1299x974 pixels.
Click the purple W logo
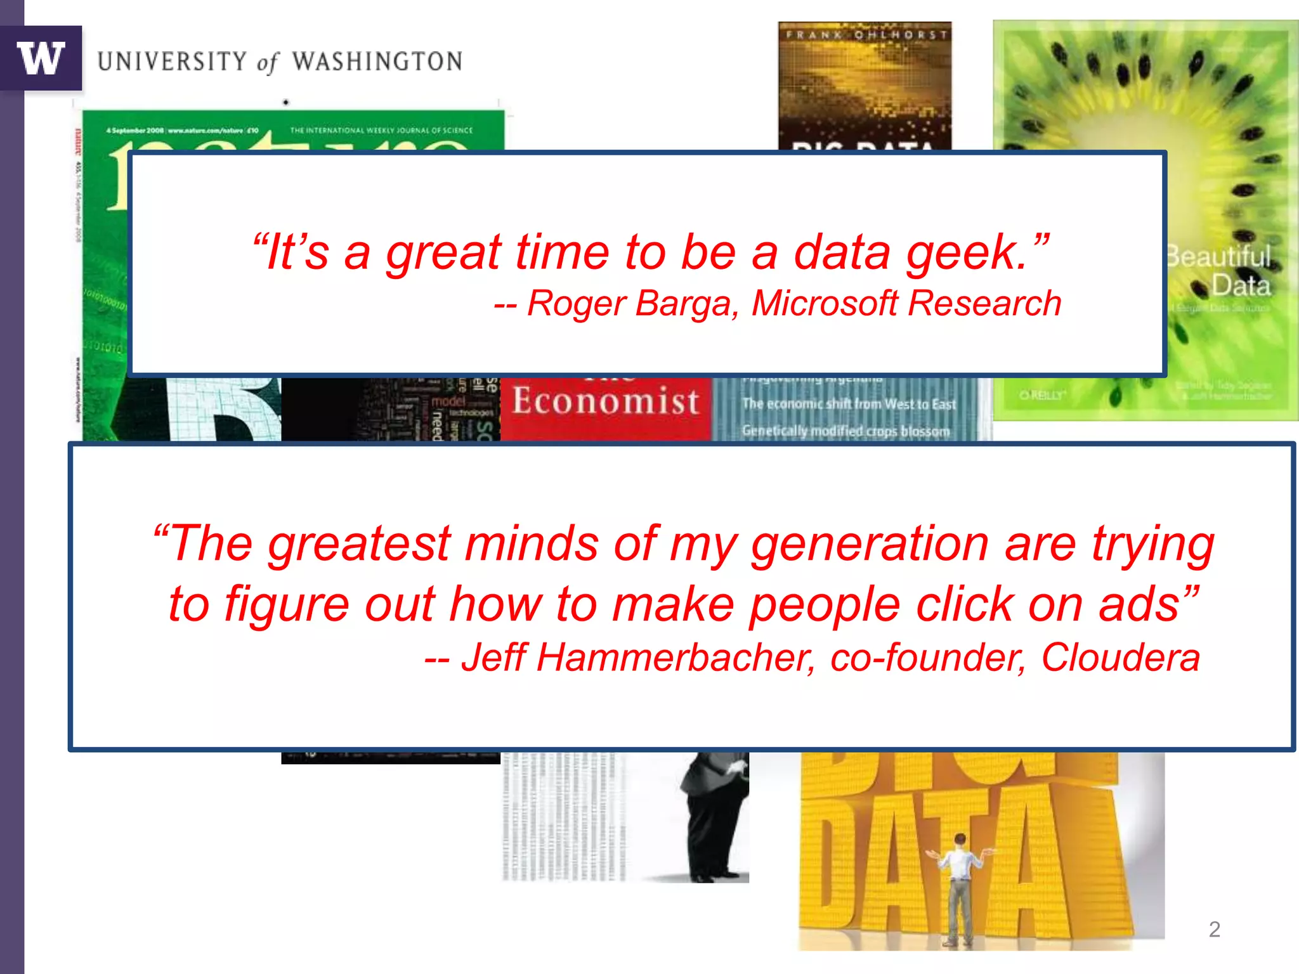(41, 58)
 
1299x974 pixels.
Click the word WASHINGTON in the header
(377, 62)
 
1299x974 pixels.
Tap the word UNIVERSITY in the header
(172, 62)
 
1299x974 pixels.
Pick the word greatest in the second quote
(359, 544)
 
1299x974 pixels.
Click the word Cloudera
(1120, 657)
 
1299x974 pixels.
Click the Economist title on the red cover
(606, 401)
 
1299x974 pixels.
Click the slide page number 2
(1214, 929)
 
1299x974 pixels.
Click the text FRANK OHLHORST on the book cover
(866, 34)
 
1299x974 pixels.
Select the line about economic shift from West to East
(849, 404)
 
